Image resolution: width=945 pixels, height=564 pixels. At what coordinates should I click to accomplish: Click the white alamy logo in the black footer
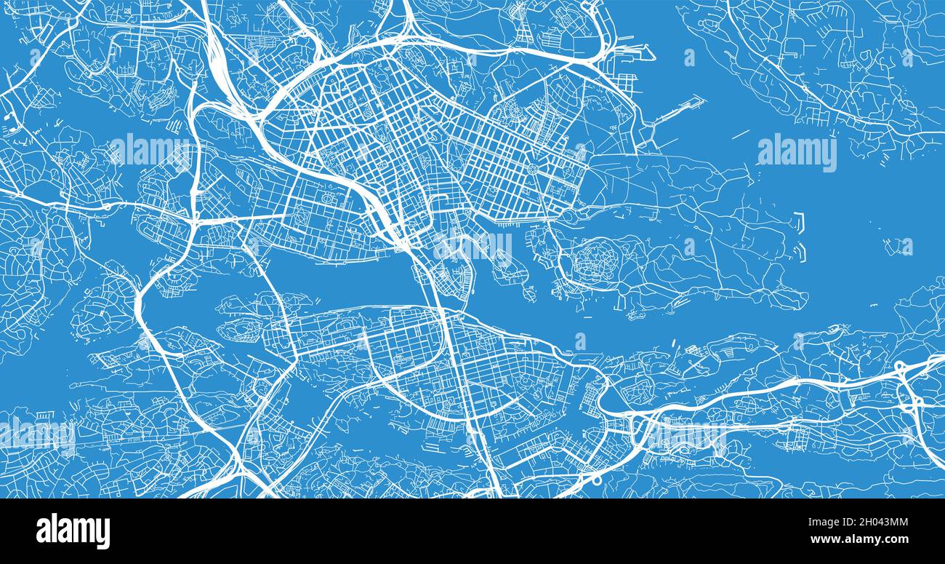click(73, 531)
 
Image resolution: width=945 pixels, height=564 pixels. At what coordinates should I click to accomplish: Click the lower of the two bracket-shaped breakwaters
click(800, 251)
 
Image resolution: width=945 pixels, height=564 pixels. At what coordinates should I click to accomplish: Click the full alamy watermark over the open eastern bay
click(797, 153)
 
